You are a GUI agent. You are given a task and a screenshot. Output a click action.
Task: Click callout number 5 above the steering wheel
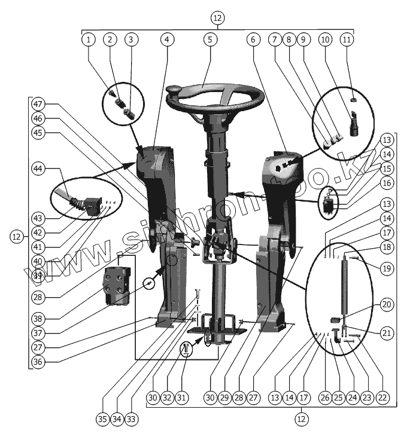(208, 39)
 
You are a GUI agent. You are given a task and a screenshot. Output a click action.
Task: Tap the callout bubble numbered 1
(89, 39)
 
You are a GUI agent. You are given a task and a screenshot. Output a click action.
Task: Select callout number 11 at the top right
(347, 39)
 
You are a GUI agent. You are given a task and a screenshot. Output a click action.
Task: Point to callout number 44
(40, 170)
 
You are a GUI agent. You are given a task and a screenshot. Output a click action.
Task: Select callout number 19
(387, 268)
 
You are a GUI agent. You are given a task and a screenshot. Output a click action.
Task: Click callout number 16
(387, 182)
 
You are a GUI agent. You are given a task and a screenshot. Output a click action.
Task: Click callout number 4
(168, 39)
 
